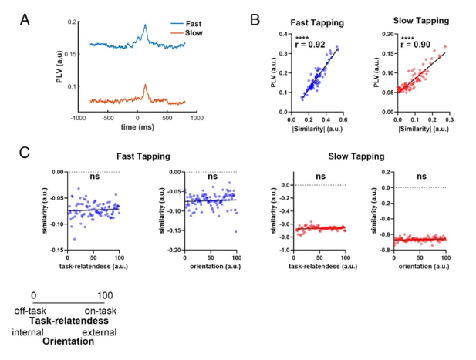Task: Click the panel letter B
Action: coord(262,16)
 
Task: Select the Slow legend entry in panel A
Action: coord(172,34)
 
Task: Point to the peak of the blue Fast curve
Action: coord(144,25)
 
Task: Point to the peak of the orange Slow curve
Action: coord(145,86)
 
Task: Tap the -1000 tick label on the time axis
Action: coord(78,118)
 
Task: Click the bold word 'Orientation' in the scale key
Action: coord(68,341)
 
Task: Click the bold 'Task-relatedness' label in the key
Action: coord(68,319)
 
